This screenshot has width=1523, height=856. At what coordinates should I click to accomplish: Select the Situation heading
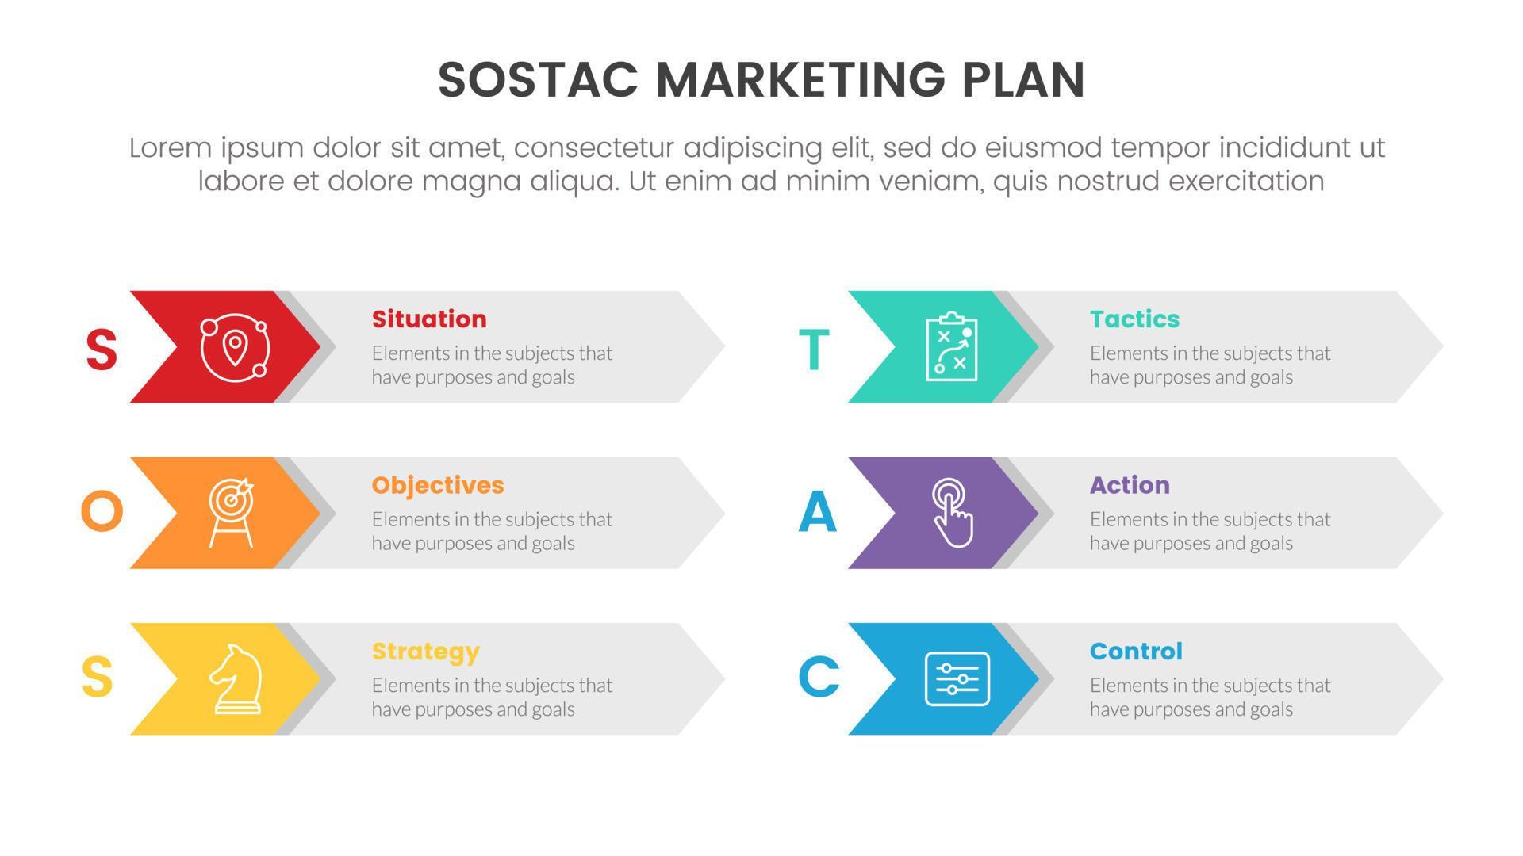tap(429, 319)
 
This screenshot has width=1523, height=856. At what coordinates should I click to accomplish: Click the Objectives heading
tap(438, 485)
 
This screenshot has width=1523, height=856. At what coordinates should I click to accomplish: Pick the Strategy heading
tap(426, 652)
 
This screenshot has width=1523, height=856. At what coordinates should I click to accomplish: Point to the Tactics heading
tap(1134, 319)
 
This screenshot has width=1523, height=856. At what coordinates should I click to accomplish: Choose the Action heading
tap(1130, 485)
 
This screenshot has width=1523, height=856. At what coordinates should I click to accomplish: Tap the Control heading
tap(1136, 652)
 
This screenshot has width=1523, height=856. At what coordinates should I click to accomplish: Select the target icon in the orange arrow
tap(231, 513)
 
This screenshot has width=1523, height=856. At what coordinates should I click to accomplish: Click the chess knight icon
tap(235, 679)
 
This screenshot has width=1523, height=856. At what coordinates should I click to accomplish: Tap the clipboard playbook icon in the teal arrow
tap(952, 347)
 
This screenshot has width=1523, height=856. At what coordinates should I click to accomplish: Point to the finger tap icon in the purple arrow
tap(952, 513)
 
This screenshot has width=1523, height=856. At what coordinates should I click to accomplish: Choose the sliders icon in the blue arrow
tap(957, 679)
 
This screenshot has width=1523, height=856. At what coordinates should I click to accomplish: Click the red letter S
tap(102, 350)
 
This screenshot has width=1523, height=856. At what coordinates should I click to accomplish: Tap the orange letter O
tap(102, 512)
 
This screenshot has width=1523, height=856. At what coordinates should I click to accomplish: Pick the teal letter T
tap(814, 350)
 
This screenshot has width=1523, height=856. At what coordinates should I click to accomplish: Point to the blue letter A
tap(818, 512)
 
